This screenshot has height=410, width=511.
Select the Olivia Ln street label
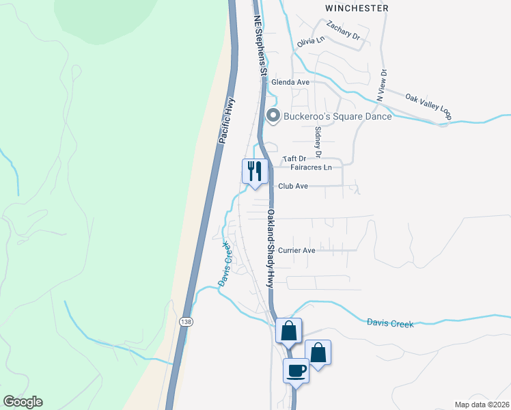pos(310,42)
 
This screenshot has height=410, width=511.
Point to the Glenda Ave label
pos(290,82)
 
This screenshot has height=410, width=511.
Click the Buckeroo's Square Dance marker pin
pos(273,116)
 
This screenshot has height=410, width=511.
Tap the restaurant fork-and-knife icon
pos(255,171)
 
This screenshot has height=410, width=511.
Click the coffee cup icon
pos(296,370)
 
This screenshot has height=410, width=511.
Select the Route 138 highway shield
pos(186,321)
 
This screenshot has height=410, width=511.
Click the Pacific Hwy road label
pos(227,120)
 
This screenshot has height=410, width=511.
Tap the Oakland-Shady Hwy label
pos(271,247)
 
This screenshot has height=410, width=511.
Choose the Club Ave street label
pos(292,186)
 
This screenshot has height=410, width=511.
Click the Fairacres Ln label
pos(311,167)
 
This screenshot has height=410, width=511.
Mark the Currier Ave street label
pos(296,250)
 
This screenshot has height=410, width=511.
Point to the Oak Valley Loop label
pos(429,106)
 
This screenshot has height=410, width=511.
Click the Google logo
pos(23,402)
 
